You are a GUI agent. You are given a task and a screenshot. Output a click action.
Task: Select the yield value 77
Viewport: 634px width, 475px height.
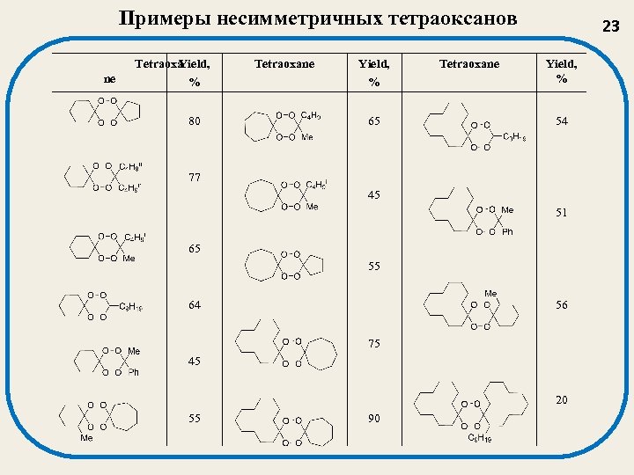click(x=194, y=178)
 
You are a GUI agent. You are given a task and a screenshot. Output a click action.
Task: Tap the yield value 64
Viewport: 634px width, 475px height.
click(x=194, y=305)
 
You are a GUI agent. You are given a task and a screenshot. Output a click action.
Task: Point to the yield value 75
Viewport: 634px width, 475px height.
click(x=374, y=344)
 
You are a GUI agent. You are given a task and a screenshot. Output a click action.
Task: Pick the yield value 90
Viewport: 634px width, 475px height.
click(x=374, y=418)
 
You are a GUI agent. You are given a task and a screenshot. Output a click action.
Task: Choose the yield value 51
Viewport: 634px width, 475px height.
click(x=561, y=213)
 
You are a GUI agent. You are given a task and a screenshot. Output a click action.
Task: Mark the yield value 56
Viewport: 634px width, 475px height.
click(x=561, y=305)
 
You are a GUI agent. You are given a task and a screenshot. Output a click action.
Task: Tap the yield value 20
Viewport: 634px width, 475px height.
click(x=561, y=399)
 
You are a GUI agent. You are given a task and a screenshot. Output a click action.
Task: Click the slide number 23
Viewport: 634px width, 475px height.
click(x=611, y=26)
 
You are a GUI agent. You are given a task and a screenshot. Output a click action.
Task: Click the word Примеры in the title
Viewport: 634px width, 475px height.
click(x=158, y=19)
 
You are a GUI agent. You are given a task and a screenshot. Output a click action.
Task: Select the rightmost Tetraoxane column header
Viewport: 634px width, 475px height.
click(x=469, y=64)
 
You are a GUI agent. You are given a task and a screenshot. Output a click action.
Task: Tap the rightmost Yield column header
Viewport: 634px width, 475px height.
click(x=561, y=63)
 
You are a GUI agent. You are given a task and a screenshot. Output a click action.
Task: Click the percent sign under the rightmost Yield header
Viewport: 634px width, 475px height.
click(x=561, y=79)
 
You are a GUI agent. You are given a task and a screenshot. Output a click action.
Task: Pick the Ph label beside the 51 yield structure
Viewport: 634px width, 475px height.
click(x=507, y=232)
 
